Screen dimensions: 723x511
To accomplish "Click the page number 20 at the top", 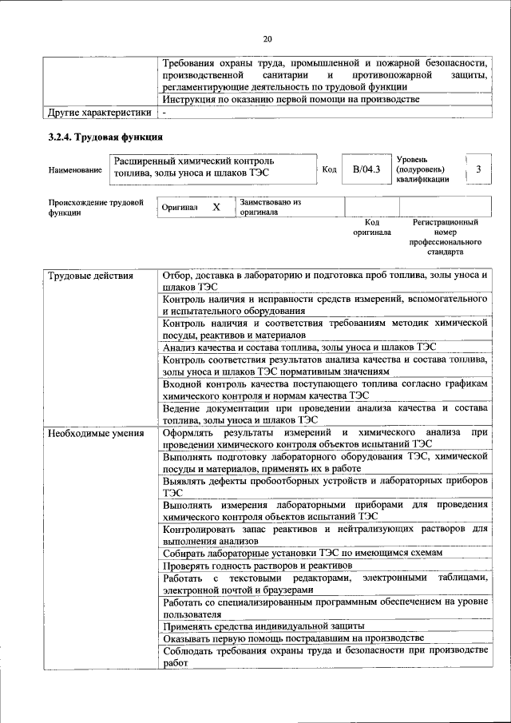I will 267,38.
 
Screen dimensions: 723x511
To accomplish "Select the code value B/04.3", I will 362,169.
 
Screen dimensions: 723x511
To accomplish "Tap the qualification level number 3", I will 477,169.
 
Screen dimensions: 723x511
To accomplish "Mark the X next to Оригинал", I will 216,207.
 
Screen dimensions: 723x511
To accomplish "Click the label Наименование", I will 75,170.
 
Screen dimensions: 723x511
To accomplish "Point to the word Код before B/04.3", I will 330,169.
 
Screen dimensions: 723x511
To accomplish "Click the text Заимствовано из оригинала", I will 270,208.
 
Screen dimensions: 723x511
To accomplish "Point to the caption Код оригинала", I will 372,227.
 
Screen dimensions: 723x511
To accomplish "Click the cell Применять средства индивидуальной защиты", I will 263,626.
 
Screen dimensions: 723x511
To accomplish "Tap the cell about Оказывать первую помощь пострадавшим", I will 292,638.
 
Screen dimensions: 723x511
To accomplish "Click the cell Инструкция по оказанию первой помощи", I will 291,99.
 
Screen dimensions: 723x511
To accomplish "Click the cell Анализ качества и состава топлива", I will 299,348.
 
